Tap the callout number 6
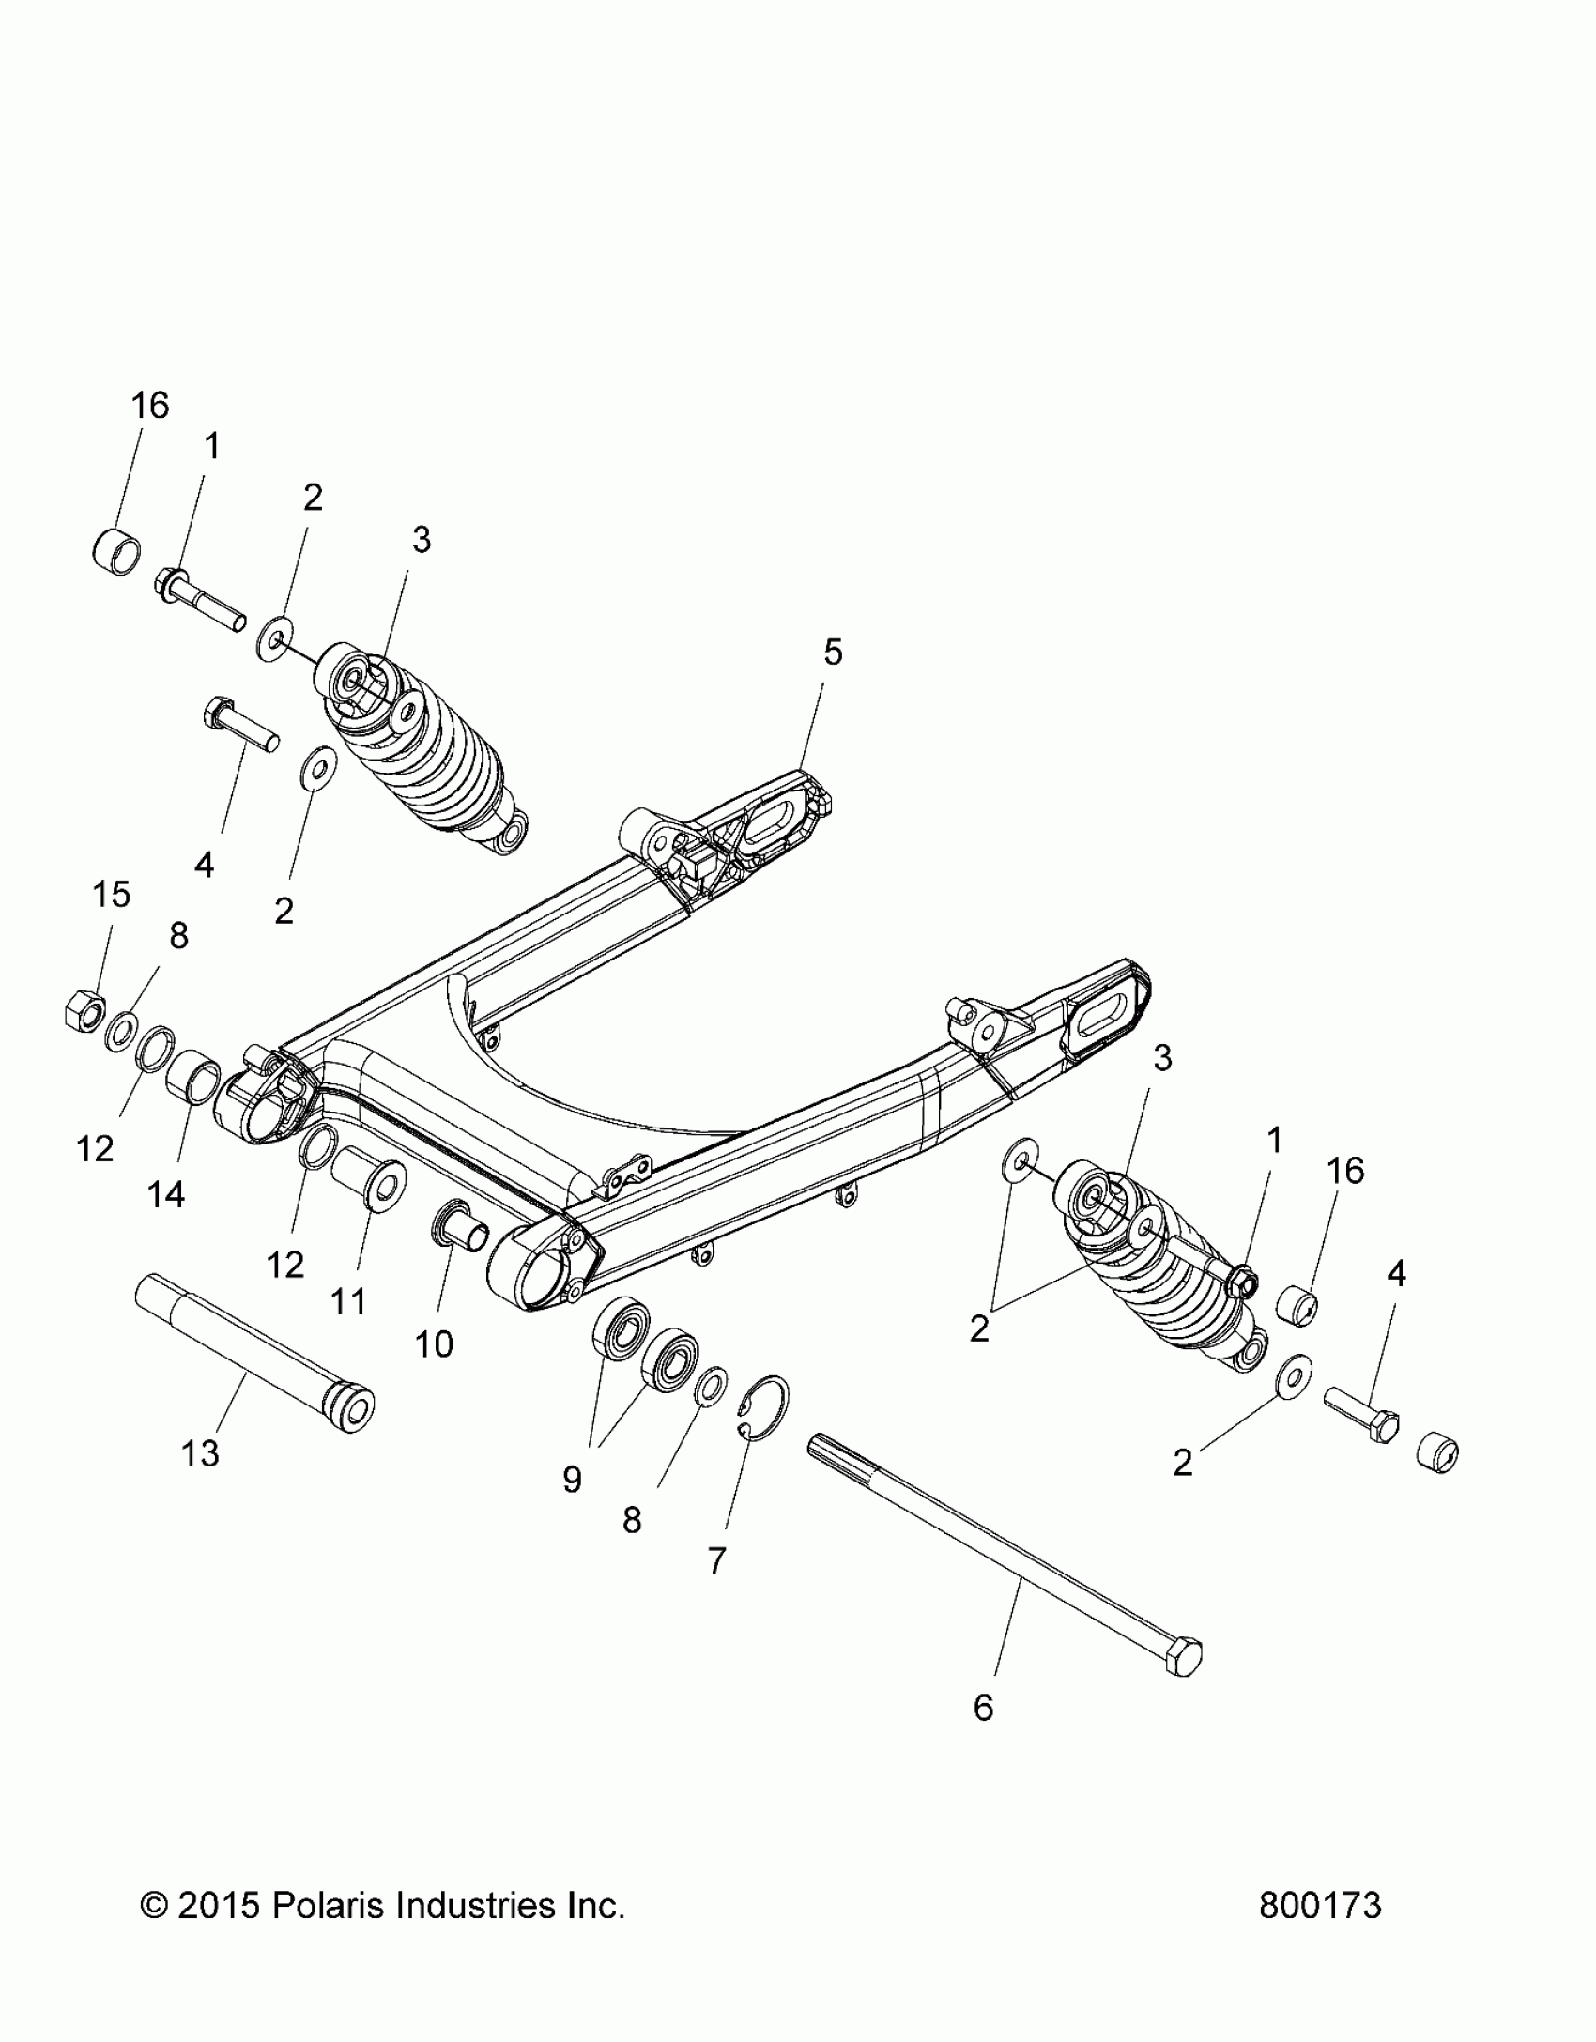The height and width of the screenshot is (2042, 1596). pos(983,1707)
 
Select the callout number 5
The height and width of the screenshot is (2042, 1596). pos(833,652)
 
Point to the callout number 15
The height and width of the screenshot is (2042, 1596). pos(111,894)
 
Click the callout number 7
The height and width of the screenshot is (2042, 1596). pos(716,1560)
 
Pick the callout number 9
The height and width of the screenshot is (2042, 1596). pos(572,1480)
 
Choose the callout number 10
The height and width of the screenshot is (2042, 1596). pos(434,1344)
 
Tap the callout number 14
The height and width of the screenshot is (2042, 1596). pos(165,1194)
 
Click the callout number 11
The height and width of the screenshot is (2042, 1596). pos(349,1302)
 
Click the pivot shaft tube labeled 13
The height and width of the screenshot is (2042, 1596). pos(253,1348)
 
